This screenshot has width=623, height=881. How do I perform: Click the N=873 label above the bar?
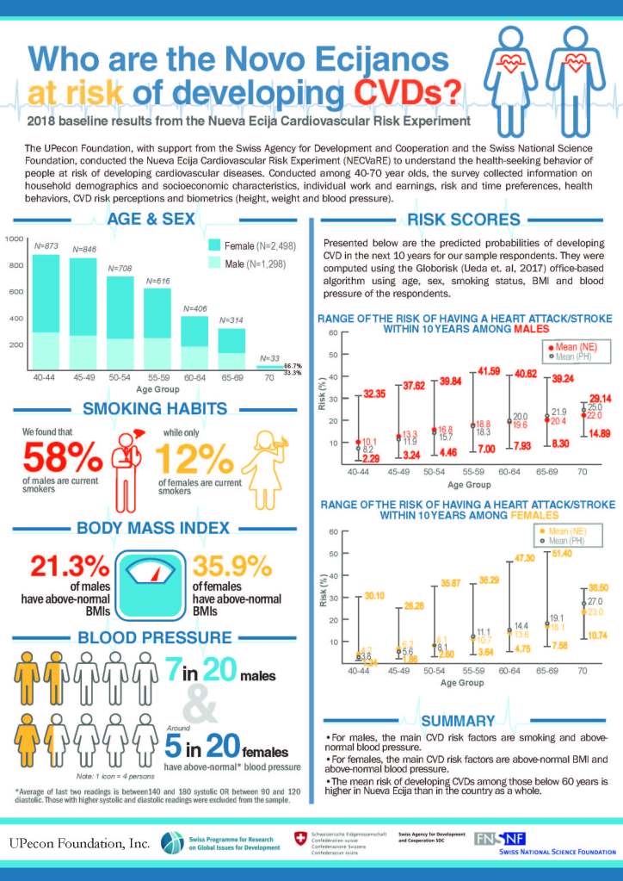[x=46, y=246]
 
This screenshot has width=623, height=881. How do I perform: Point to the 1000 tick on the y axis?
[x=15, y=239]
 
